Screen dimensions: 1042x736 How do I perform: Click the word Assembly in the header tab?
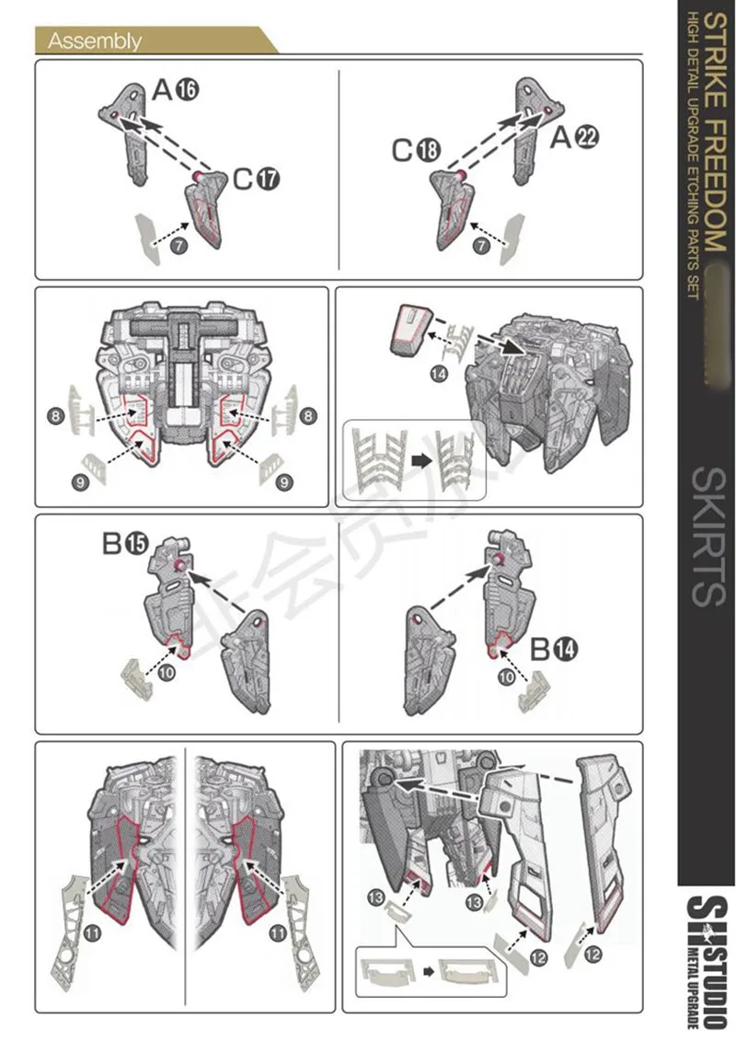95,41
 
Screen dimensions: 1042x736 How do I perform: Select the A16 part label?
175,89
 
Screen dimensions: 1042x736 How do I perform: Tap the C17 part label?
255,178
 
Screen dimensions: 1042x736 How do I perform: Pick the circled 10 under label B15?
167,673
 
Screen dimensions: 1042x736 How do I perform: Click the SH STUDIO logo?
707,957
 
